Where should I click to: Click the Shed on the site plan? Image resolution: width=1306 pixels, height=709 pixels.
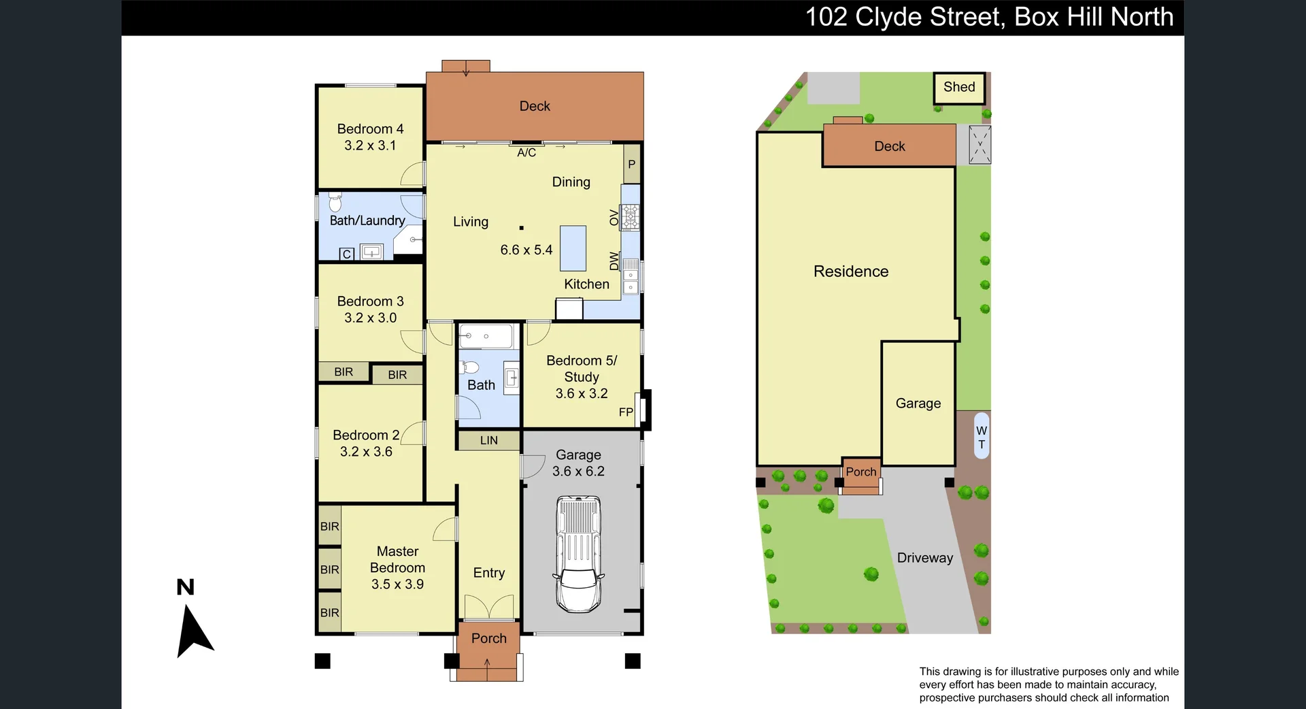tap(959, 88)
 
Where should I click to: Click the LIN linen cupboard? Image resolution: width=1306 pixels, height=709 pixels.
tap(488, 440)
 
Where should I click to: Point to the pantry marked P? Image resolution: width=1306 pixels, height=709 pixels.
tap(631, 164)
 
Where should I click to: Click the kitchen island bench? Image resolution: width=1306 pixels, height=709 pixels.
tap(573, 248)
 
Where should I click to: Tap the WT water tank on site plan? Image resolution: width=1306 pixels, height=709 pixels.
tap(981, 436)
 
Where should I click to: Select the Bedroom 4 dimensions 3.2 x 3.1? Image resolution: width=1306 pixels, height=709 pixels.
tap(370, 146)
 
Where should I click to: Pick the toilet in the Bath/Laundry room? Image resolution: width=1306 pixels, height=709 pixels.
tap(335, 202)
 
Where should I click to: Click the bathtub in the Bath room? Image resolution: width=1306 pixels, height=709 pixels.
tap(486, 336)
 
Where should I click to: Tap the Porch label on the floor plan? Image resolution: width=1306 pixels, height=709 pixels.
tap(488, 638)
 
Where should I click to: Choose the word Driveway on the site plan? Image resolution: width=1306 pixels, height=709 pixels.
tap(924, 558)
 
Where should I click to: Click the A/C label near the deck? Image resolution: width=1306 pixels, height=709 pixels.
tap(526, 153)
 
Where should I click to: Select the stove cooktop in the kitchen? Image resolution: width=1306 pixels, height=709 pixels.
tap(630, 218)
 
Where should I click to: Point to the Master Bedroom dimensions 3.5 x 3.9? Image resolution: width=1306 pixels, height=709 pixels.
tap(397, 584)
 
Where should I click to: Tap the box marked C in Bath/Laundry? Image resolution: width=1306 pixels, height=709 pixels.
tap(347, 254)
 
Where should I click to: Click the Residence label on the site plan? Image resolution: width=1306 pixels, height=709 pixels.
tap(851, 271)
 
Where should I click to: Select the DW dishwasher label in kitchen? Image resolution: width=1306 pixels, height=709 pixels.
tap(614, 261)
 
